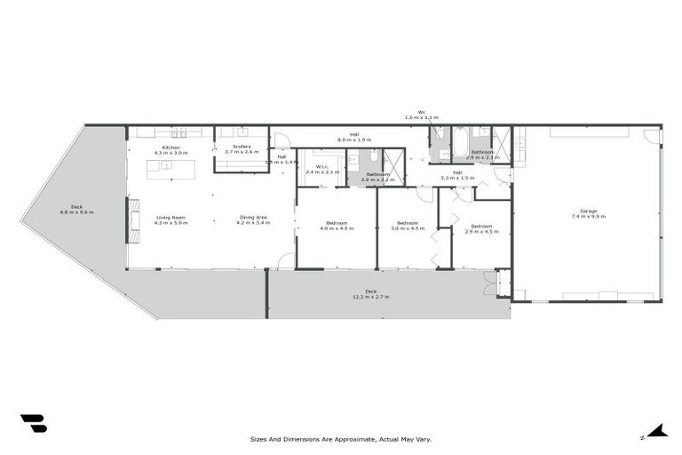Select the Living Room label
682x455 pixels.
170,218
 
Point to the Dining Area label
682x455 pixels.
252,218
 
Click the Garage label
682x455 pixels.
589,211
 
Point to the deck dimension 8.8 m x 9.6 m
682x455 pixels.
76,212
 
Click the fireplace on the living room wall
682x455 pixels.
133,220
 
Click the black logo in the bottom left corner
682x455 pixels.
33,423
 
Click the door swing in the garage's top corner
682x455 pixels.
653,136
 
